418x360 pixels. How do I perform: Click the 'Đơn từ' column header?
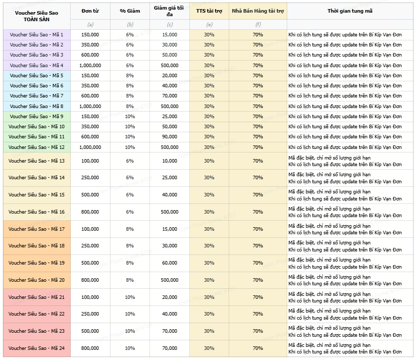pyautogui.click(x=90, y=11)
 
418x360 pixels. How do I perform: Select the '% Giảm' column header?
pyautogui.click(x=130, y=11)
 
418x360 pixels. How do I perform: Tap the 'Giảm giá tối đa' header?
pyautogui.click(x=170, y=11)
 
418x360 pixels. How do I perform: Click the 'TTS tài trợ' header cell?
pyautogui.click(x=209, y=11)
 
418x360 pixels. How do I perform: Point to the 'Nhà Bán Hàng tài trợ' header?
pyautogui.click(x=257, y=11)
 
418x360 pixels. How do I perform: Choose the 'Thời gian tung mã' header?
pyautogui.click(x=349, y=11)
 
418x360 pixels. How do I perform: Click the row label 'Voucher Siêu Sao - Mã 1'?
pyautogui.click(x=36, y=34)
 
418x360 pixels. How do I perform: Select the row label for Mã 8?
pyautogui.click(x=36, y=106)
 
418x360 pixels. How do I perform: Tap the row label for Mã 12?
pyautogui.click(x=36, y=147)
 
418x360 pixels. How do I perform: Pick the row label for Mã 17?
pyautogui.click(x=36, y=229)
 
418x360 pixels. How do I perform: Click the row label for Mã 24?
pyautogui.click(x=36, y=348)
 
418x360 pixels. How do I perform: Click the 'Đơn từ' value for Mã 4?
pyautogui.click(x=90, y=65)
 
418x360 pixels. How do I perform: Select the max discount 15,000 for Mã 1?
pyautogui.click(x=170, y=34)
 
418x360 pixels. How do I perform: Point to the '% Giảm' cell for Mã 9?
pyautogui.click(x=130, y=116)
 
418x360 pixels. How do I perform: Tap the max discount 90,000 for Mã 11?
pyautogui.click(x=170, y=137)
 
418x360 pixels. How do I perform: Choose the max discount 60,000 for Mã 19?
pyautogui.click(x=170, y=263)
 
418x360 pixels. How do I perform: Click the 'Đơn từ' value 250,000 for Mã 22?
pyautogui.click(x=90, y=314)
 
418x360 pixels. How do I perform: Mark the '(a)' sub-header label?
pyautogui.click(x=90, y=24)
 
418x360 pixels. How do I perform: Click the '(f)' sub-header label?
pyautogui.click(x=257, y=24)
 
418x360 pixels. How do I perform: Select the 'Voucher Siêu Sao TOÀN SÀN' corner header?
pyautogui.click(x=36, y=14)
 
